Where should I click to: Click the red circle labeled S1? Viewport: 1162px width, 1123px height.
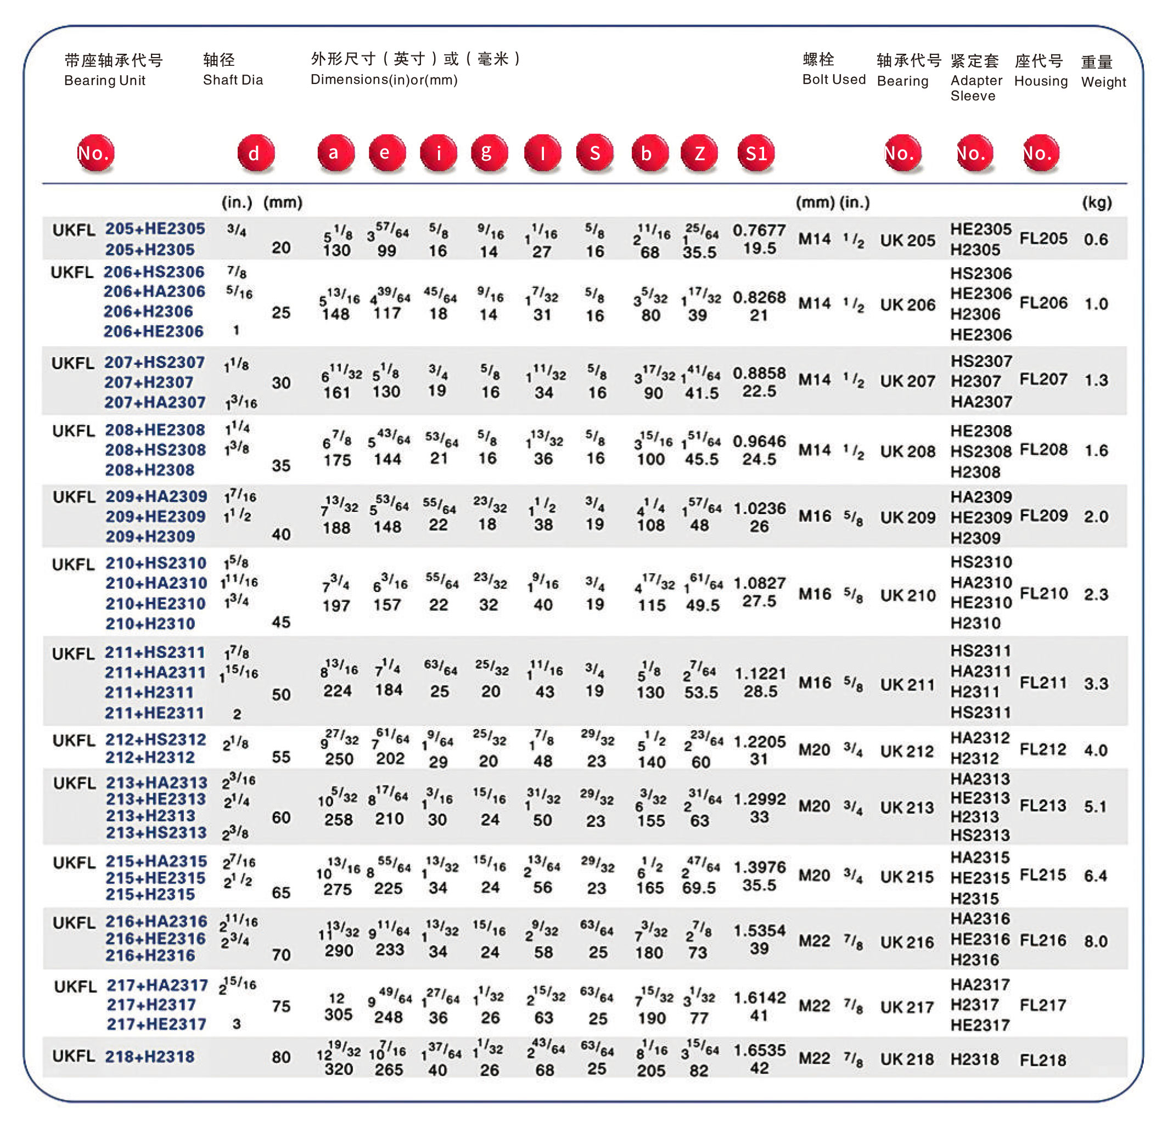[755, 153]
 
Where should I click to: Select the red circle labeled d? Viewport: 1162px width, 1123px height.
[255, 153]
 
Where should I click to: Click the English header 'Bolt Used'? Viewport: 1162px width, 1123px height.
[834, 80]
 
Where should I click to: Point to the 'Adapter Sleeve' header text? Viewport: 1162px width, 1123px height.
[976, 88]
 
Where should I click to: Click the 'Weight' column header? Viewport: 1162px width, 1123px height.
[1103, 82]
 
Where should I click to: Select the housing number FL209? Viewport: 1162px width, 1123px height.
[1043, 516]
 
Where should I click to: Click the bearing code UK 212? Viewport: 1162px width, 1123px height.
[907, 751]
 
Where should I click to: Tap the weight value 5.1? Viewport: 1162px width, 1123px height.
[1095, 806]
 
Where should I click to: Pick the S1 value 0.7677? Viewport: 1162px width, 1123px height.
[759, 230]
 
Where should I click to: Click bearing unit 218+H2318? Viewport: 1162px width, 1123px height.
[149, 1056]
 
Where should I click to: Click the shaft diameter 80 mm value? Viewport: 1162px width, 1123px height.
[281, 1057]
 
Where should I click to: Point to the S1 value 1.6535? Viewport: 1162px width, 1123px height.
[759, 1049]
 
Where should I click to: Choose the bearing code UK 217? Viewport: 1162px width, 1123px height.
[907, 1007]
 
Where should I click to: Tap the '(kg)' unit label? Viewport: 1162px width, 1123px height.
[1096, 202]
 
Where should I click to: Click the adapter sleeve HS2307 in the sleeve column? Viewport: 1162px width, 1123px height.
[981, 361]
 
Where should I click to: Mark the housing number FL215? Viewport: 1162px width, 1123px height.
[1043, 874]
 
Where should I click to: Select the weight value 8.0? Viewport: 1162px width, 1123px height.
[1095, 941]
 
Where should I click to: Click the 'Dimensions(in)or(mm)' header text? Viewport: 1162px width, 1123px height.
[384, 80]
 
